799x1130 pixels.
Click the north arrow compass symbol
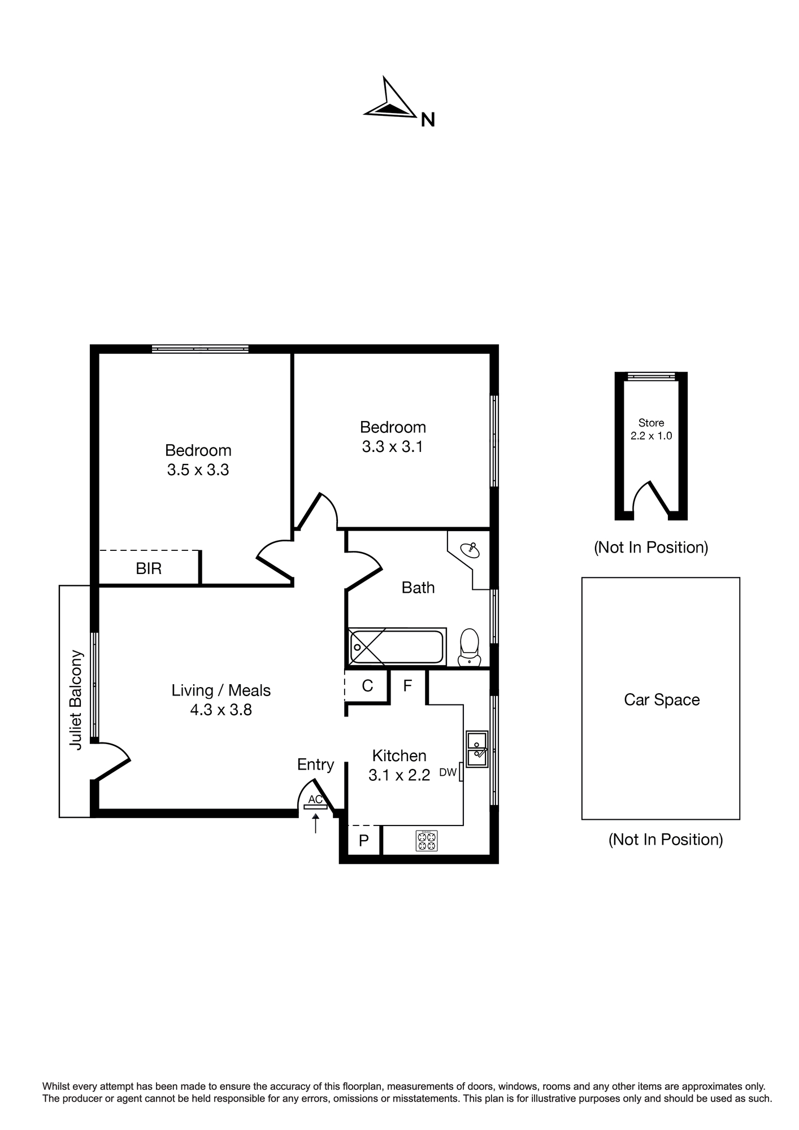(390, 102)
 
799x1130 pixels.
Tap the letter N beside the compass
(428, 120)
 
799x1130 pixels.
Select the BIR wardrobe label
(149, 568)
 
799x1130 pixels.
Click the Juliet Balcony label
(76, 700)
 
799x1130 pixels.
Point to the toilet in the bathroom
(470, 648)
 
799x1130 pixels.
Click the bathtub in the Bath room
(397, 646)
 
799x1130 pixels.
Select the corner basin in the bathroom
(470, 549)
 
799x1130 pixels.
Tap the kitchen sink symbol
(477, 749)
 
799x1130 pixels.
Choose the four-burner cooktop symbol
(427, 841)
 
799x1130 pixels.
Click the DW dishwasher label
(448, 772)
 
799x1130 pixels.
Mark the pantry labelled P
(363, 841)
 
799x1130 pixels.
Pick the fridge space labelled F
(407, 686)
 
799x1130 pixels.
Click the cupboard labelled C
(367, 686)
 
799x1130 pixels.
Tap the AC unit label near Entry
(315, 799)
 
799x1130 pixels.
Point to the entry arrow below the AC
(315, 823)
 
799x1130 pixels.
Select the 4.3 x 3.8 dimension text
(221, 710)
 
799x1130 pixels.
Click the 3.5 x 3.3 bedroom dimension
(198, 470)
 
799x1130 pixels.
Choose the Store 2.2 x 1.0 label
(652, 429)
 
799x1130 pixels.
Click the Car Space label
(662, 700)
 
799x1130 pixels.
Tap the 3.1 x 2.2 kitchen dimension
(399, 775)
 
